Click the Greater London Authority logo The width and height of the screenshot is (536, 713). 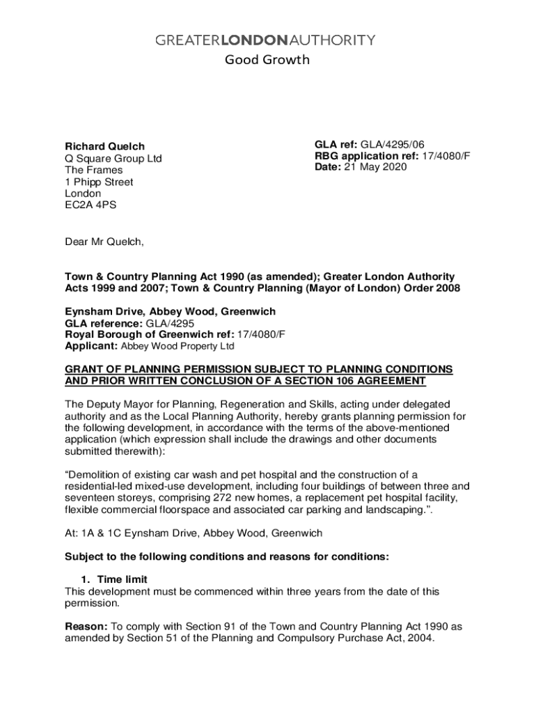pyautogui.click(x=265, y=40)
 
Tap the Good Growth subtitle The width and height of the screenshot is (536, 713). pyautogui.click(x=267, y=60)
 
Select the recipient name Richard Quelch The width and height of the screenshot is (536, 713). pyautogui.click(x=105, y=146)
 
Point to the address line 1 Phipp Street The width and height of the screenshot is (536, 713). pyautogui.click(x=99, y=182)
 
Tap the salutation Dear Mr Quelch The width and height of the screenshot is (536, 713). pyautogui.click(x=104, y=242)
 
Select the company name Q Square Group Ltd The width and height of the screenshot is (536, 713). pyautogui.click(x=113, y=158)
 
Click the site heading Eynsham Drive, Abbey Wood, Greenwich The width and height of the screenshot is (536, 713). pyautogui.click(x=170, y=311)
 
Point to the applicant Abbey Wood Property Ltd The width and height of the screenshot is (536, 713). pyautogui.click(x=178, y=346)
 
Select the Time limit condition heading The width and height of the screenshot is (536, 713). pyautogui.click(x=122, y=579)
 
